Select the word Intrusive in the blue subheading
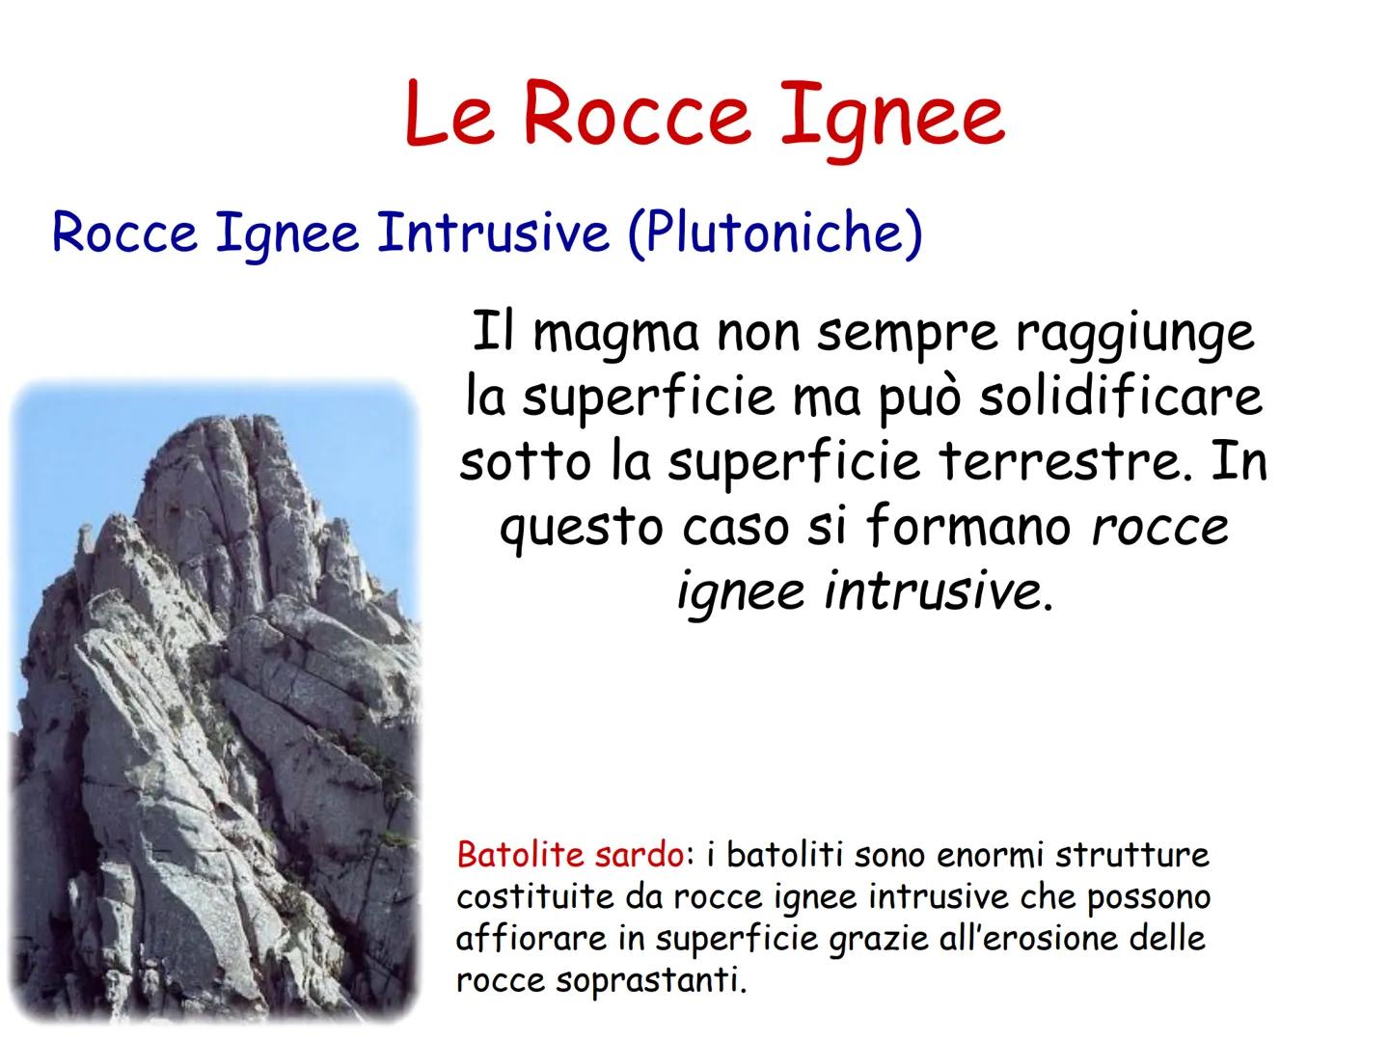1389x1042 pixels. [493, 233]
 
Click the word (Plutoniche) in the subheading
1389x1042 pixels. [775, 233]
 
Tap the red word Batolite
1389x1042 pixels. [520, 855]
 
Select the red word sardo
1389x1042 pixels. [640, 855]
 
